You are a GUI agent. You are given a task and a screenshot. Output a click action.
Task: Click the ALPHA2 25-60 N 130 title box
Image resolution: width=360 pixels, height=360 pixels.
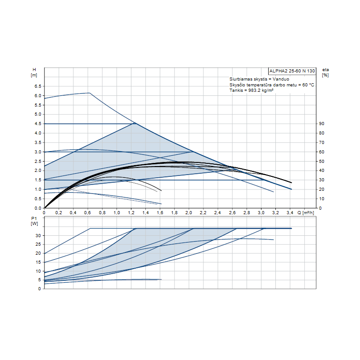pos(292,71)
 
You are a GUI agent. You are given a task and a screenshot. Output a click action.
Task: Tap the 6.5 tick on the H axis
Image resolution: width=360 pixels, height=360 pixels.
pos(38,86)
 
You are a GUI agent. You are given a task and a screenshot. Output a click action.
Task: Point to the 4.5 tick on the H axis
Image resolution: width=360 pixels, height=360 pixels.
pos(38,124)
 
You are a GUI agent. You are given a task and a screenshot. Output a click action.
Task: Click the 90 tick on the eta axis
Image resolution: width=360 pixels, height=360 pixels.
pos(322,124)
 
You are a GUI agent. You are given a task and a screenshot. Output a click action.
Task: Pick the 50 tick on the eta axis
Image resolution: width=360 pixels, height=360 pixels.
pos(322,161)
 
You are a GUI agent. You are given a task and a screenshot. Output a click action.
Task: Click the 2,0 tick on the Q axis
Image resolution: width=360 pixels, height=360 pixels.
pos(189,212)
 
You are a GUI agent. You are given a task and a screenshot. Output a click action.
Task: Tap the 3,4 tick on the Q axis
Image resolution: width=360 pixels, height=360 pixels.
pos(290,212)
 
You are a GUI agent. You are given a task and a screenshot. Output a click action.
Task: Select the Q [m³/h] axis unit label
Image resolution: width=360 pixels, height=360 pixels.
pos(307,212)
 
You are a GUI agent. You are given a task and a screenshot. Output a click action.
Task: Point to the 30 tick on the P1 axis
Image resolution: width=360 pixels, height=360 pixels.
pos(39,235)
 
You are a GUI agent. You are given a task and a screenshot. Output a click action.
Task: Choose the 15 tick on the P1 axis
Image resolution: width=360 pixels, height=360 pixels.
pos(39,262)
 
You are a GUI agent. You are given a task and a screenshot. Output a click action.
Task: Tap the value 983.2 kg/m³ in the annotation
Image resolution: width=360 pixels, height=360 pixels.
pos(260,90)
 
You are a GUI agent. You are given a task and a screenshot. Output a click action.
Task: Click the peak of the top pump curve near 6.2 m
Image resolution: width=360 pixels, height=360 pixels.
pos(89,93)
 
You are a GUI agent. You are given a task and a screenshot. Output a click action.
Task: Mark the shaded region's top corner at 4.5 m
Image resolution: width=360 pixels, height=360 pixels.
pos(135,123)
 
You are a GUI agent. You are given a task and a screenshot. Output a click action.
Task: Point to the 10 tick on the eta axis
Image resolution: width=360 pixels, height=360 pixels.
pos(322,199)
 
